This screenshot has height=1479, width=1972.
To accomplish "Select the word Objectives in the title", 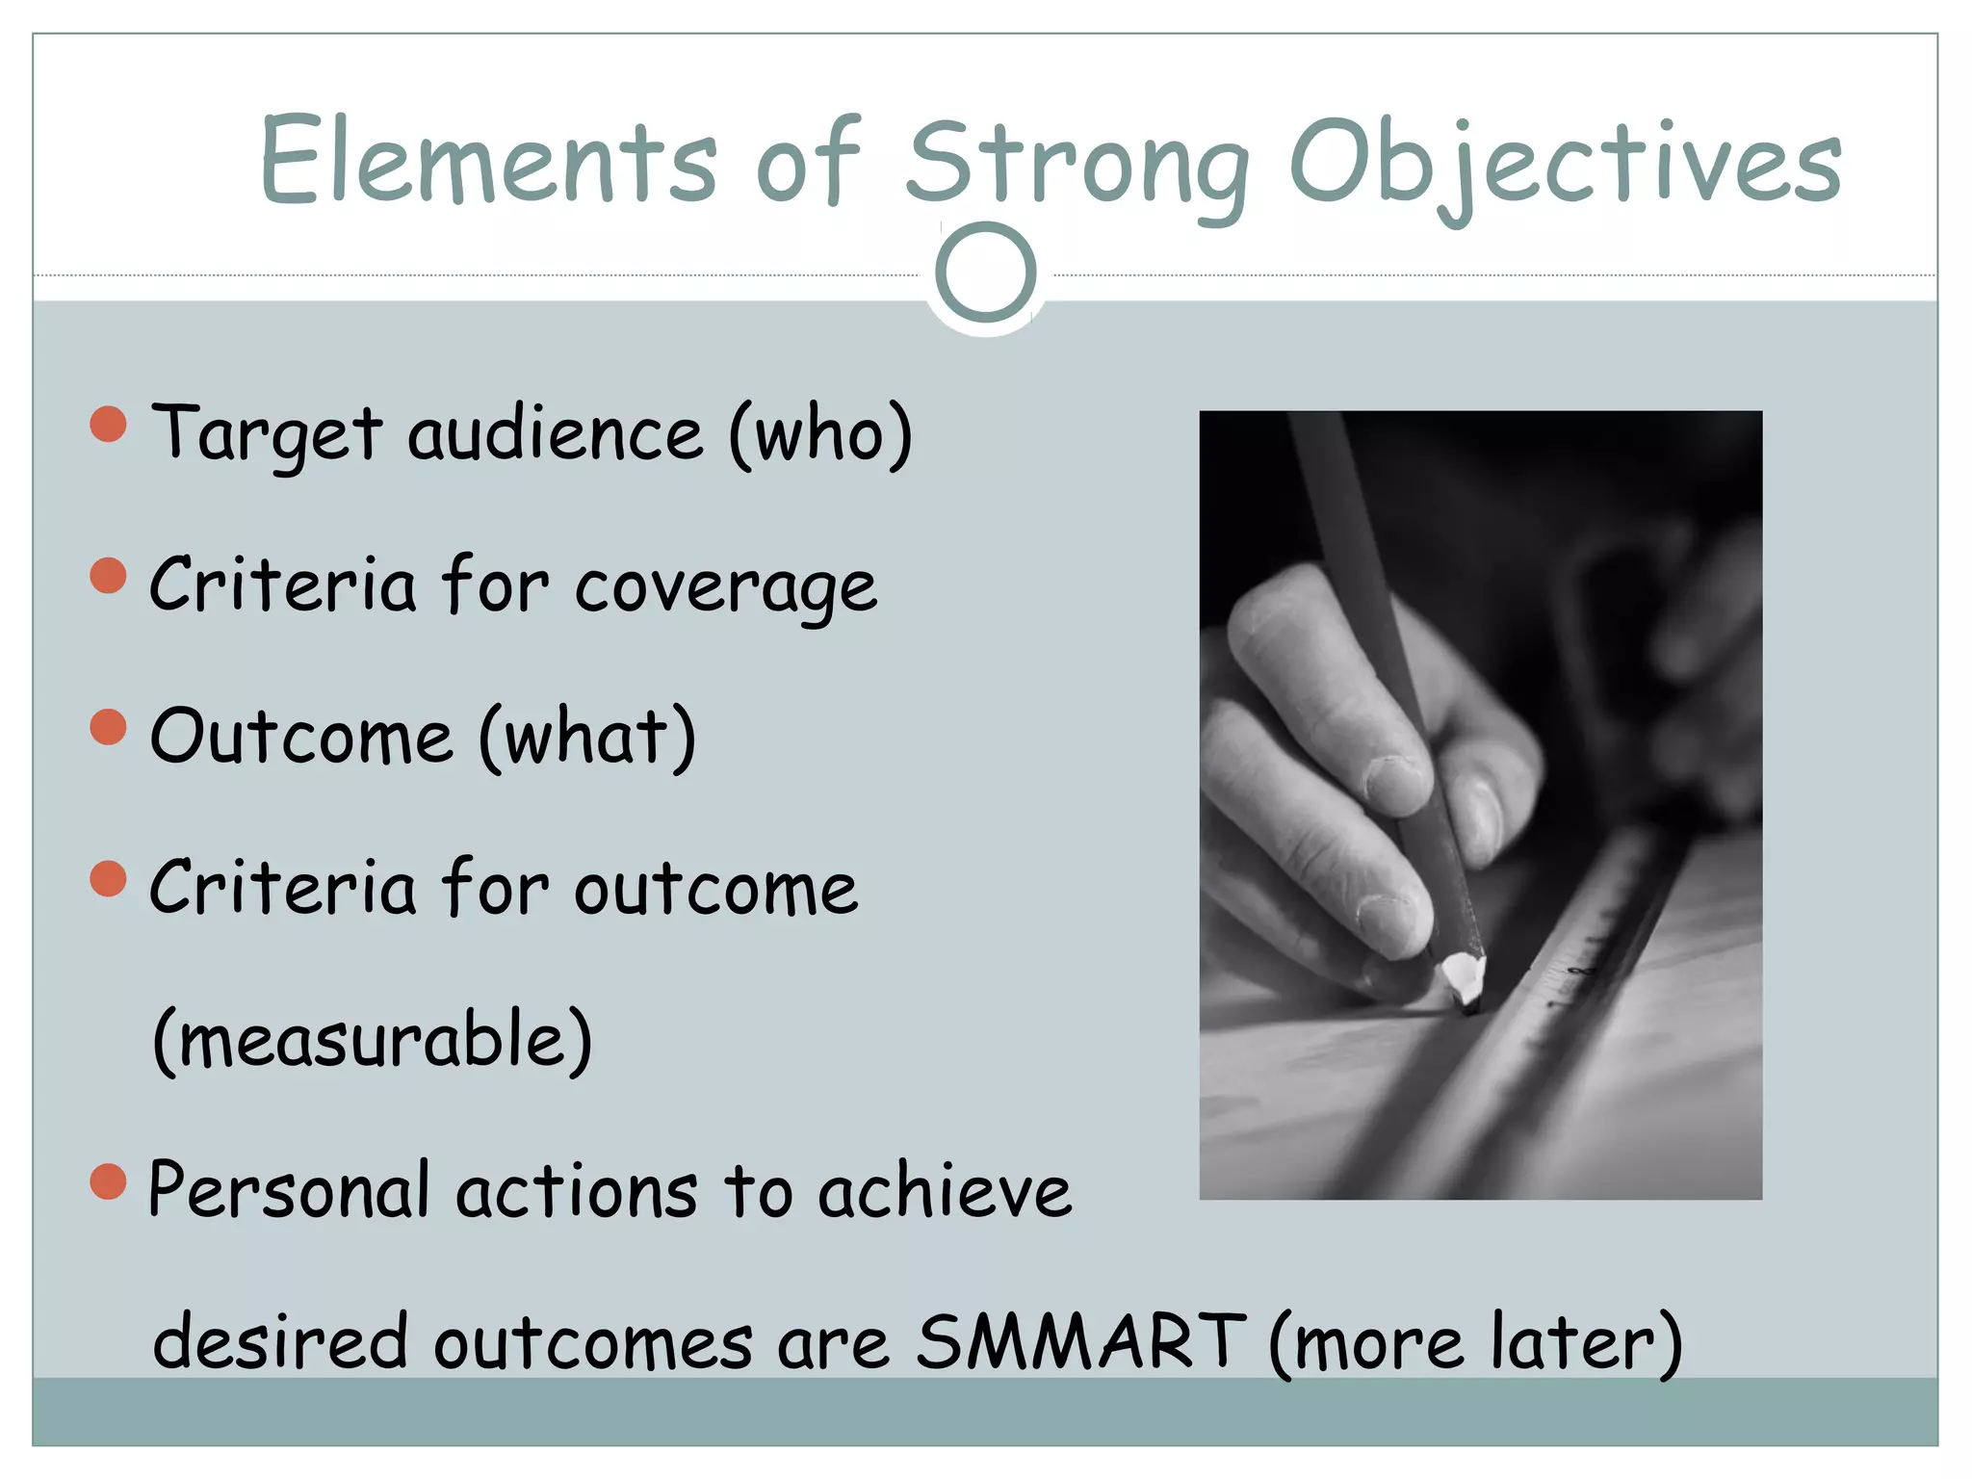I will (x=1565, y=164).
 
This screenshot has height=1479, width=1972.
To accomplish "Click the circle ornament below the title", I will (x=985, y=272).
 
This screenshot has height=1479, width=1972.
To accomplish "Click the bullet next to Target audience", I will (x=109, y=424).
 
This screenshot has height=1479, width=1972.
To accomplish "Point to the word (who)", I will (x=820, y=435).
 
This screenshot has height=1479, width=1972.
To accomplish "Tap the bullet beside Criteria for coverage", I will (x=109, y=576).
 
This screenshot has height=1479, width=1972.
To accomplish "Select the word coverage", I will (x=726, y=588).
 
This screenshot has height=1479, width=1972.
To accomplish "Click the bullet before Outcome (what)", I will (x=109, y=727).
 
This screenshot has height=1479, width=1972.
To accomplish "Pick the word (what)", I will (x=587, y=738).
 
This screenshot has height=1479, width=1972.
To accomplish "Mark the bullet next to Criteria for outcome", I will (x=109, y=878).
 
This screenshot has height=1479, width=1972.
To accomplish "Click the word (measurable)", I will (x=373, y=1041).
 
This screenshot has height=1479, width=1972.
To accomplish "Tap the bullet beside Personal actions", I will (x=109, y=1181).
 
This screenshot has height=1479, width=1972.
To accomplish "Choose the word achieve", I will (x=945, y=1191).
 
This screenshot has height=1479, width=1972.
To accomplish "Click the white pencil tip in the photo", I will (x=1464, y=977).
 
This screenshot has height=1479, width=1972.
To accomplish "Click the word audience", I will (x=556, y=435).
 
